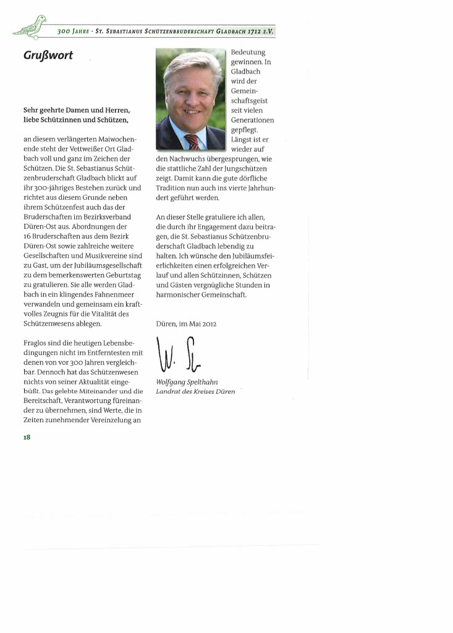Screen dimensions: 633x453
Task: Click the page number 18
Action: pos(27,436)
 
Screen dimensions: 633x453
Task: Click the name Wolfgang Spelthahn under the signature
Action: pos(187,382)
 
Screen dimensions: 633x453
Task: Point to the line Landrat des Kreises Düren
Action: pos(195,392)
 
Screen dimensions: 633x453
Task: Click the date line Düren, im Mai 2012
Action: pos(186,323)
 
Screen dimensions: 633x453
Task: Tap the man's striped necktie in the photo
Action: pos(192,141)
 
